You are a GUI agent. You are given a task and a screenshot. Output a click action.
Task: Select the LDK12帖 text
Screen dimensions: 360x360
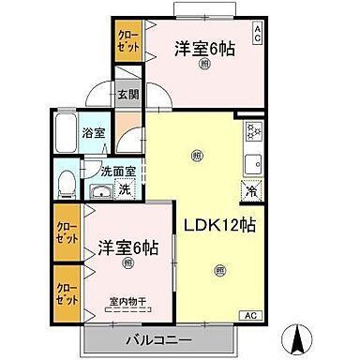point(221,225)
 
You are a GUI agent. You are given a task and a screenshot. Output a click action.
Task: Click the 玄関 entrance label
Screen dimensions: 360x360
point(127,94)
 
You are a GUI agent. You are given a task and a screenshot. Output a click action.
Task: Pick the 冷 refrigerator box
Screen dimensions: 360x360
point(251,190)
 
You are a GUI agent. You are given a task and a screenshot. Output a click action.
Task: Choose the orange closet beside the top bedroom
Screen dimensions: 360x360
point(127,41)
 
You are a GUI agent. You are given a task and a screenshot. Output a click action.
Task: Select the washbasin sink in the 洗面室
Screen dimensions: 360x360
point(99,191)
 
